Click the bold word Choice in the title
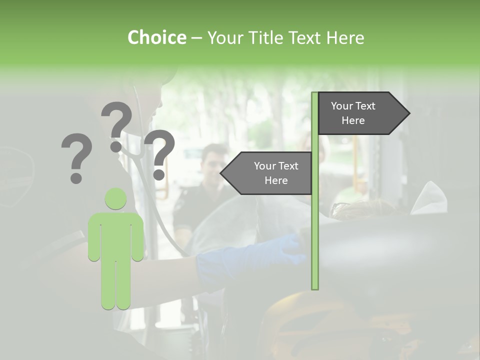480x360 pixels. pos(156,37)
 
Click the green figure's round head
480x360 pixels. pos(116,198)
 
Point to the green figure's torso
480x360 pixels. pos(116,235)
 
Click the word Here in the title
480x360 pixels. pos(345,37)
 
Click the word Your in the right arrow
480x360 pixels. pos(342,106)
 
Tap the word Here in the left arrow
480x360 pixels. pos(276,180)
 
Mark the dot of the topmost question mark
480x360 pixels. pos(116,146)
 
